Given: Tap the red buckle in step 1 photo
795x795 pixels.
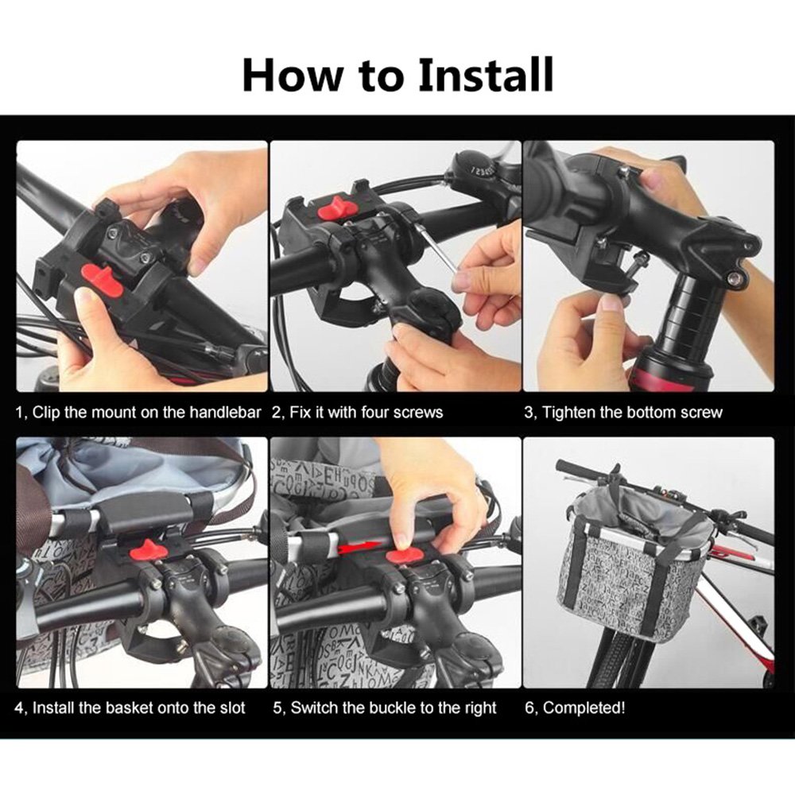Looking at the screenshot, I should click(101, 281).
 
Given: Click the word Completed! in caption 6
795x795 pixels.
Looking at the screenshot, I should click(584, 708).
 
